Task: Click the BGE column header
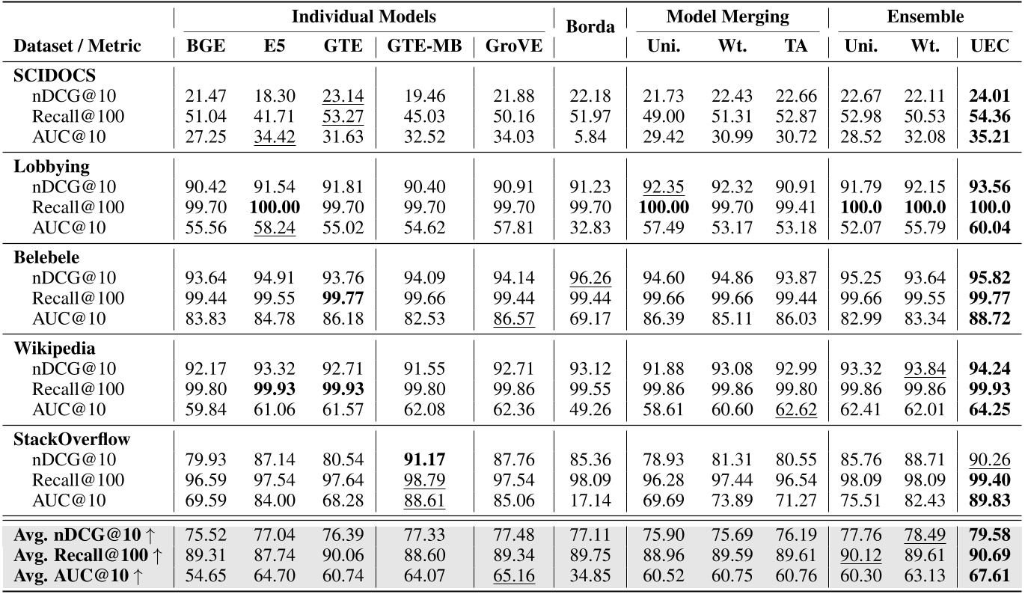(205, 46)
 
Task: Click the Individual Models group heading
(364, 16)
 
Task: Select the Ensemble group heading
(925, 16)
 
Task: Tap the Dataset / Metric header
(77, 46)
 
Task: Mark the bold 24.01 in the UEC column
(990, 96)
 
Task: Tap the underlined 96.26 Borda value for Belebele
(590, 278)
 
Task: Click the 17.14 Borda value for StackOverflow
(590, 499)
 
